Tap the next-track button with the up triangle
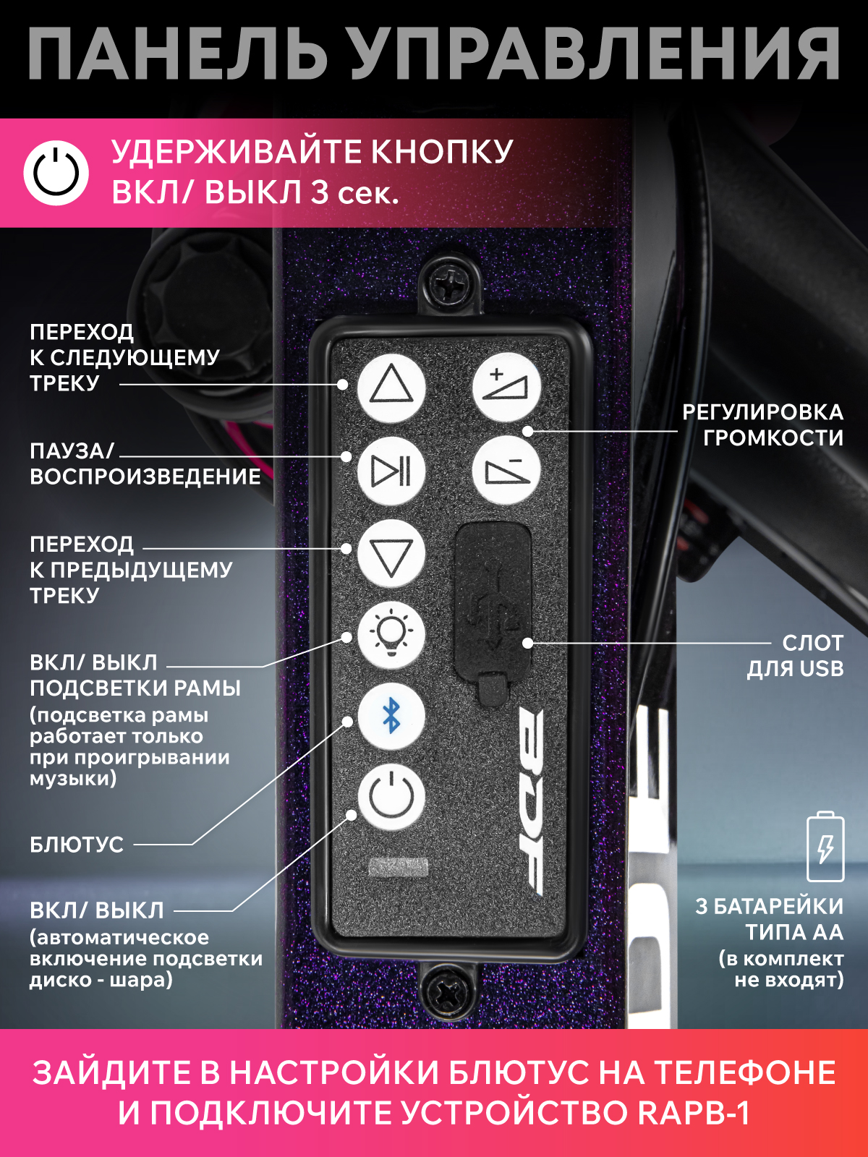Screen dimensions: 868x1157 pos(391,388)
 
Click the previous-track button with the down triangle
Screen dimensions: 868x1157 pos(391,553)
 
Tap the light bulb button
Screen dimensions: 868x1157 pos(391,635)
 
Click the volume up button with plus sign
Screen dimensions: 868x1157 pos(506,388)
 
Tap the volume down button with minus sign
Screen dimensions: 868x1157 pos(506,470)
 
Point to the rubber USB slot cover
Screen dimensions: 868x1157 pos(493,612)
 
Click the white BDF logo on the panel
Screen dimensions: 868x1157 pos(530,806)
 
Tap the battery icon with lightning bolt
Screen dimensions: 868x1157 pos(825,847)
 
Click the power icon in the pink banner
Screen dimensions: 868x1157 pos(56,173)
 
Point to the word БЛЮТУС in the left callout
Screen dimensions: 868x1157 pos(77,845)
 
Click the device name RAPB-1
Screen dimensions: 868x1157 pos(694,1113)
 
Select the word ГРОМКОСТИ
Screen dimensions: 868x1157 pos(773,438)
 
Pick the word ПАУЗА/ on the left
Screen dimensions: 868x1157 pos(72,451)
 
